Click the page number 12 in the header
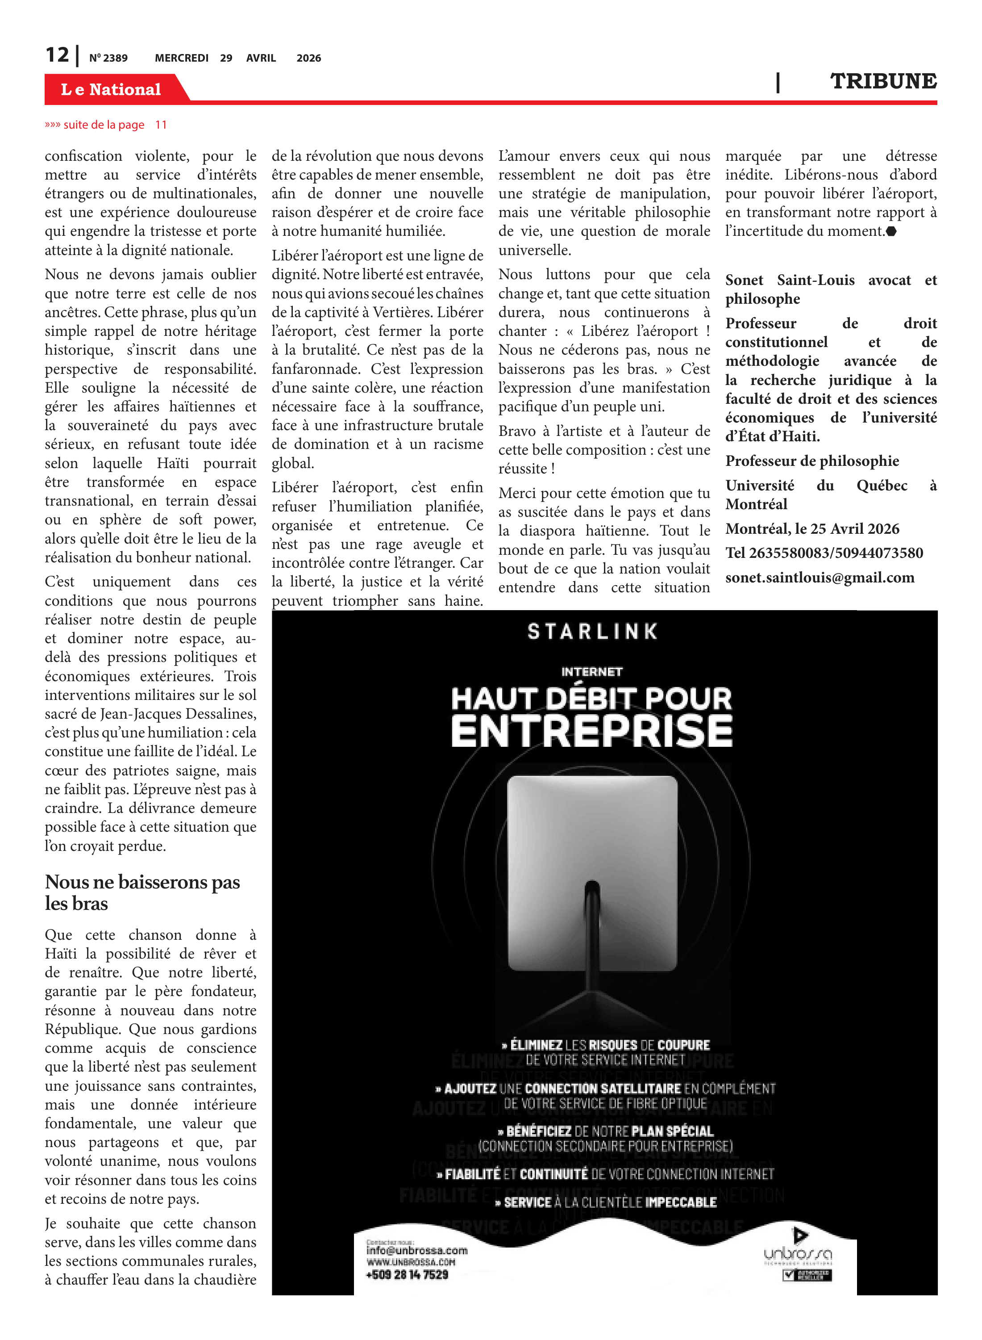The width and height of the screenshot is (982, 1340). [x=57, y=55]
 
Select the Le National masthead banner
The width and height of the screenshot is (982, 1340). [x=111, y=89]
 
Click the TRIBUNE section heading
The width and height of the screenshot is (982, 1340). [x=883, y=81]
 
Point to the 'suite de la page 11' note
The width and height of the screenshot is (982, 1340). [x=106, y=125]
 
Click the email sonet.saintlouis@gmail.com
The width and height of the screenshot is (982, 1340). [x=820, y=578]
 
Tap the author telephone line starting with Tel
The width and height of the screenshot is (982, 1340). [x=824, y=553]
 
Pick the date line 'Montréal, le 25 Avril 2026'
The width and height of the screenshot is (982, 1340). [x=812, y=529]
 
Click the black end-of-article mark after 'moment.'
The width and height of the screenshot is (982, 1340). [x=891, y=231]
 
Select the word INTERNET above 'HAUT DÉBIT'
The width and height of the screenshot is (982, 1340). [x=591, y=671]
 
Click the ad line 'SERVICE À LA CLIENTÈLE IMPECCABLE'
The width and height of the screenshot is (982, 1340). [x=606, y=1202]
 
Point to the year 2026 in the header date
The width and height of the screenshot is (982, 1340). [x=308, y=58]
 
